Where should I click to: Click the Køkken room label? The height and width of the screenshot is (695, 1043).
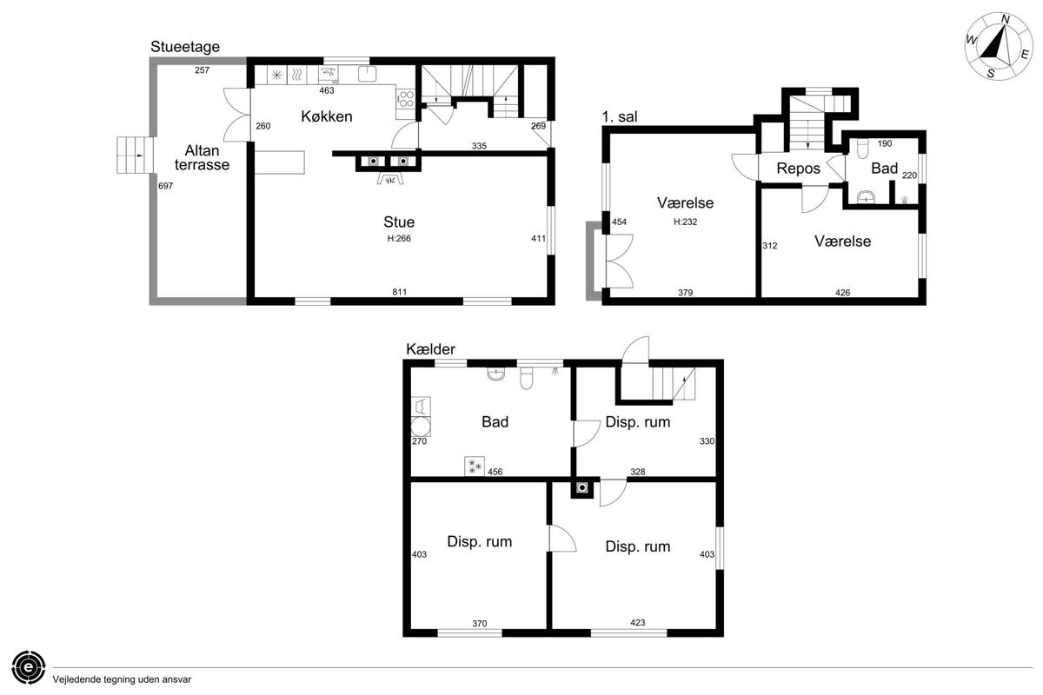pyautogui.click(x=327, y=116)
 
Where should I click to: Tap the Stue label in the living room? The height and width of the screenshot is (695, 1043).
pyautogui.click(x=399, y=222)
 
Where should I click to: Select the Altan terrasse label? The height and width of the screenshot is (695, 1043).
pyautogui.click(x=202, y=157)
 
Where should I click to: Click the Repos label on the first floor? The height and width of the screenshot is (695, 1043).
pyautogui.click(x=798, y=168)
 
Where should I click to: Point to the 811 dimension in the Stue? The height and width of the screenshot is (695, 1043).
pyautogui.click(x=400, y=292)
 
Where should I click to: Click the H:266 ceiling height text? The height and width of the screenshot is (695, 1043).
pyautogui.click(x=399, y=238)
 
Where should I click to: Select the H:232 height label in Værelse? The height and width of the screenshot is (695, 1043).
pyautogui.click(x=686, y=222)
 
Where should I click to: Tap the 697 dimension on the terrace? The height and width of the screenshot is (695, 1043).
pyautogui.click(x=165, y=186)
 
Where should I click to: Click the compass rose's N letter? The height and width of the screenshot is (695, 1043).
pyautogui.click(x=1006, y=19)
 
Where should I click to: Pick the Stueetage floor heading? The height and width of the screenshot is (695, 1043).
pyautogui.click(x=185, y=47)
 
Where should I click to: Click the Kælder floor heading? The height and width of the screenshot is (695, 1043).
pyautogui.click(x=430, y=349)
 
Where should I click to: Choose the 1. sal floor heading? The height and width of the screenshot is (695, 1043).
pyautogui.click(x=619, y=116)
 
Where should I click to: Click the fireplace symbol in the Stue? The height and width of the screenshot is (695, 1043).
pyautogui.click(x=389, y=179)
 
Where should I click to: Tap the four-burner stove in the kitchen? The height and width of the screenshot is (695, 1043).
pyautogui.click(x=405, y=98)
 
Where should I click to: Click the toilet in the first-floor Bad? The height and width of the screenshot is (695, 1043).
pyautogui.click(x=862, y=148)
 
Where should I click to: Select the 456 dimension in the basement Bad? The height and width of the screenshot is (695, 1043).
pyautogui.click(x=495, y=472)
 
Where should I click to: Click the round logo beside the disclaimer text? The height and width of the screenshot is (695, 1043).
pyautogui.click(x=29, y=667)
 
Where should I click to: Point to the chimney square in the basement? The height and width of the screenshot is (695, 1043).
pyautogui.click(x=582, y=488)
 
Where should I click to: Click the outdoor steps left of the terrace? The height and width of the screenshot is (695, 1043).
pyautogui.click(x=135, y=155)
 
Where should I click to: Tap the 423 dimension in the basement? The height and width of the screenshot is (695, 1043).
pyautogui.click(x=637, y=622)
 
